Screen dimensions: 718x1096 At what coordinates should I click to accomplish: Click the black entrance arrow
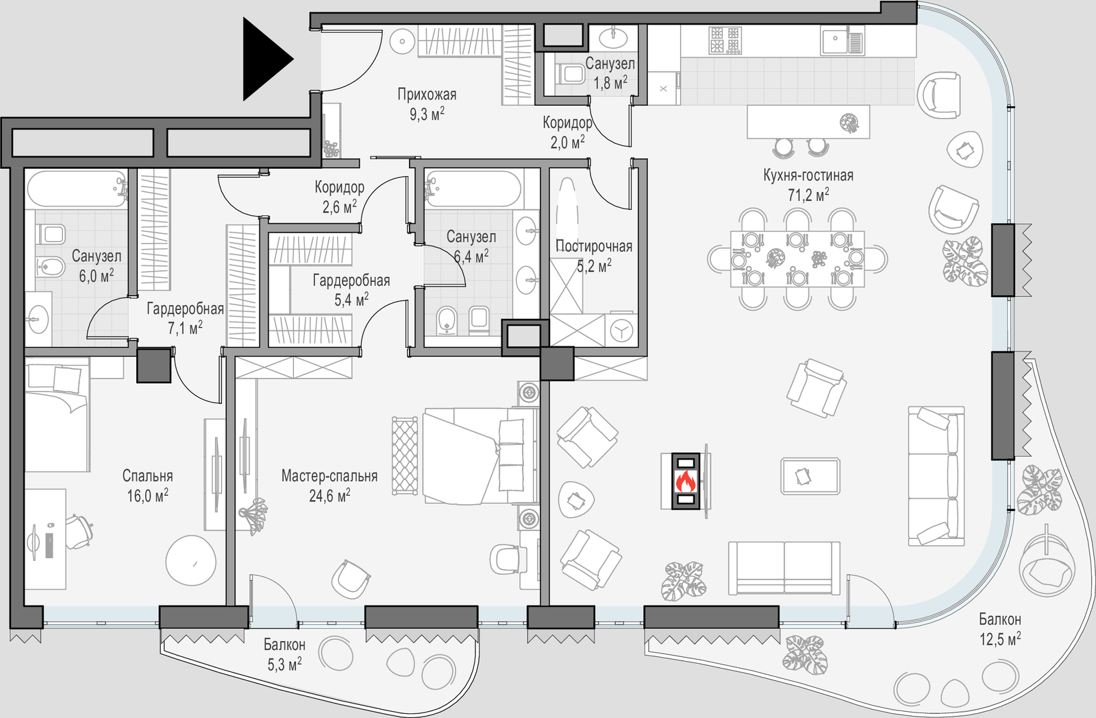(x=264, y=60)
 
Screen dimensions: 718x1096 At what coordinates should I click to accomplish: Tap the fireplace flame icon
(x=685, y=481)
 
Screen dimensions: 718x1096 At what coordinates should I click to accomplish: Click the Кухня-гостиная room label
(x=808, y=176)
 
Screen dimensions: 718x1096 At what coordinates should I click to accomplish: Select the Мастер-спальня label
(x=329, y=476)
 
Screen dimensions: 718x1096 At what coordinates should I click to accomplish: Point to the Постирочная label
(x=594, y=246)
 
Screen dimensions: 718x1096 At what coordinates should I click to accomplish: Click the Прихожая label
(x=427, y=95)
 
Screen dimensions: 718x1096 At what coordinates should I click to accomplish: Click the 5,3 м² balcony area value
(x=284, y=665)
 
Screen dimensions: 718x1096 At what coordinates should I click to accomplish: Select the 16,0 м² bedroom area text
(x=147, y=495)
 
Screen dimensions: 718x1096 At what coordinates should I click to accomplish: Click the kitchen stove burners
(x=725, y=40)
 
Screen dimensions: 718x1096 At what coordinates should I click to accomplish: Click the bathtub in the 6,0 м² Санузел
(x=76, y=189)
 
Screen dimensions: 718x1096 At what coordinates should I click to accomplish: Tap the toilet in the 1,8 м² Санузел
(x=569, y=73)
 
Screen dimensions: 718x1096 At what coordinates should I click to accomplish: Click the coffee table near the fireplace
(x=810, y=476)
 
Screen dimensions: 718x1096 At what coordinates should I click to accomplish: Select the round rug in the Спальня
(x=191, y=560)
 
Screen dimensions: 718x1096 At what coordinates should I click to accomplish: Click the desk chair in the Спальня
(x=79, y=531)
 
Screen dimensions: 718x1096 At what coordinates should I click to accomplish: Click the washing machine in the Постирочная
(x=621, y=331)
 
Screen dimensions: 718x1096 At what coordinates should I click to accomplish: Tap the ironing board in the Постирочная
(x=566, y=206)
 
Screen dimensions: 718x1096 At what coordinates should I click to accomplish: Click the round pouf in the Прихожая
(x=402, y=41)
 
